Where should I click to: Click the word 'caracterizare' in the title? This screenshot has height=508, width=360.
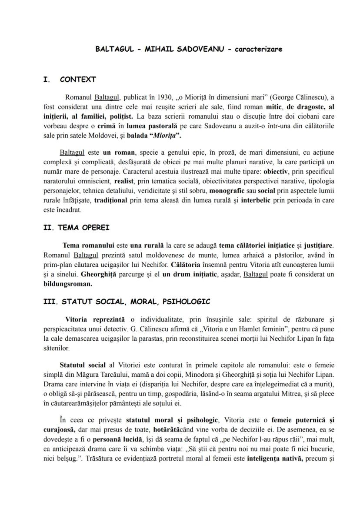point(258,49)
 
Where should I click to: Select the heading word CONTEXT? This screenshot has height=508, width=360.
point(78,80)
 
